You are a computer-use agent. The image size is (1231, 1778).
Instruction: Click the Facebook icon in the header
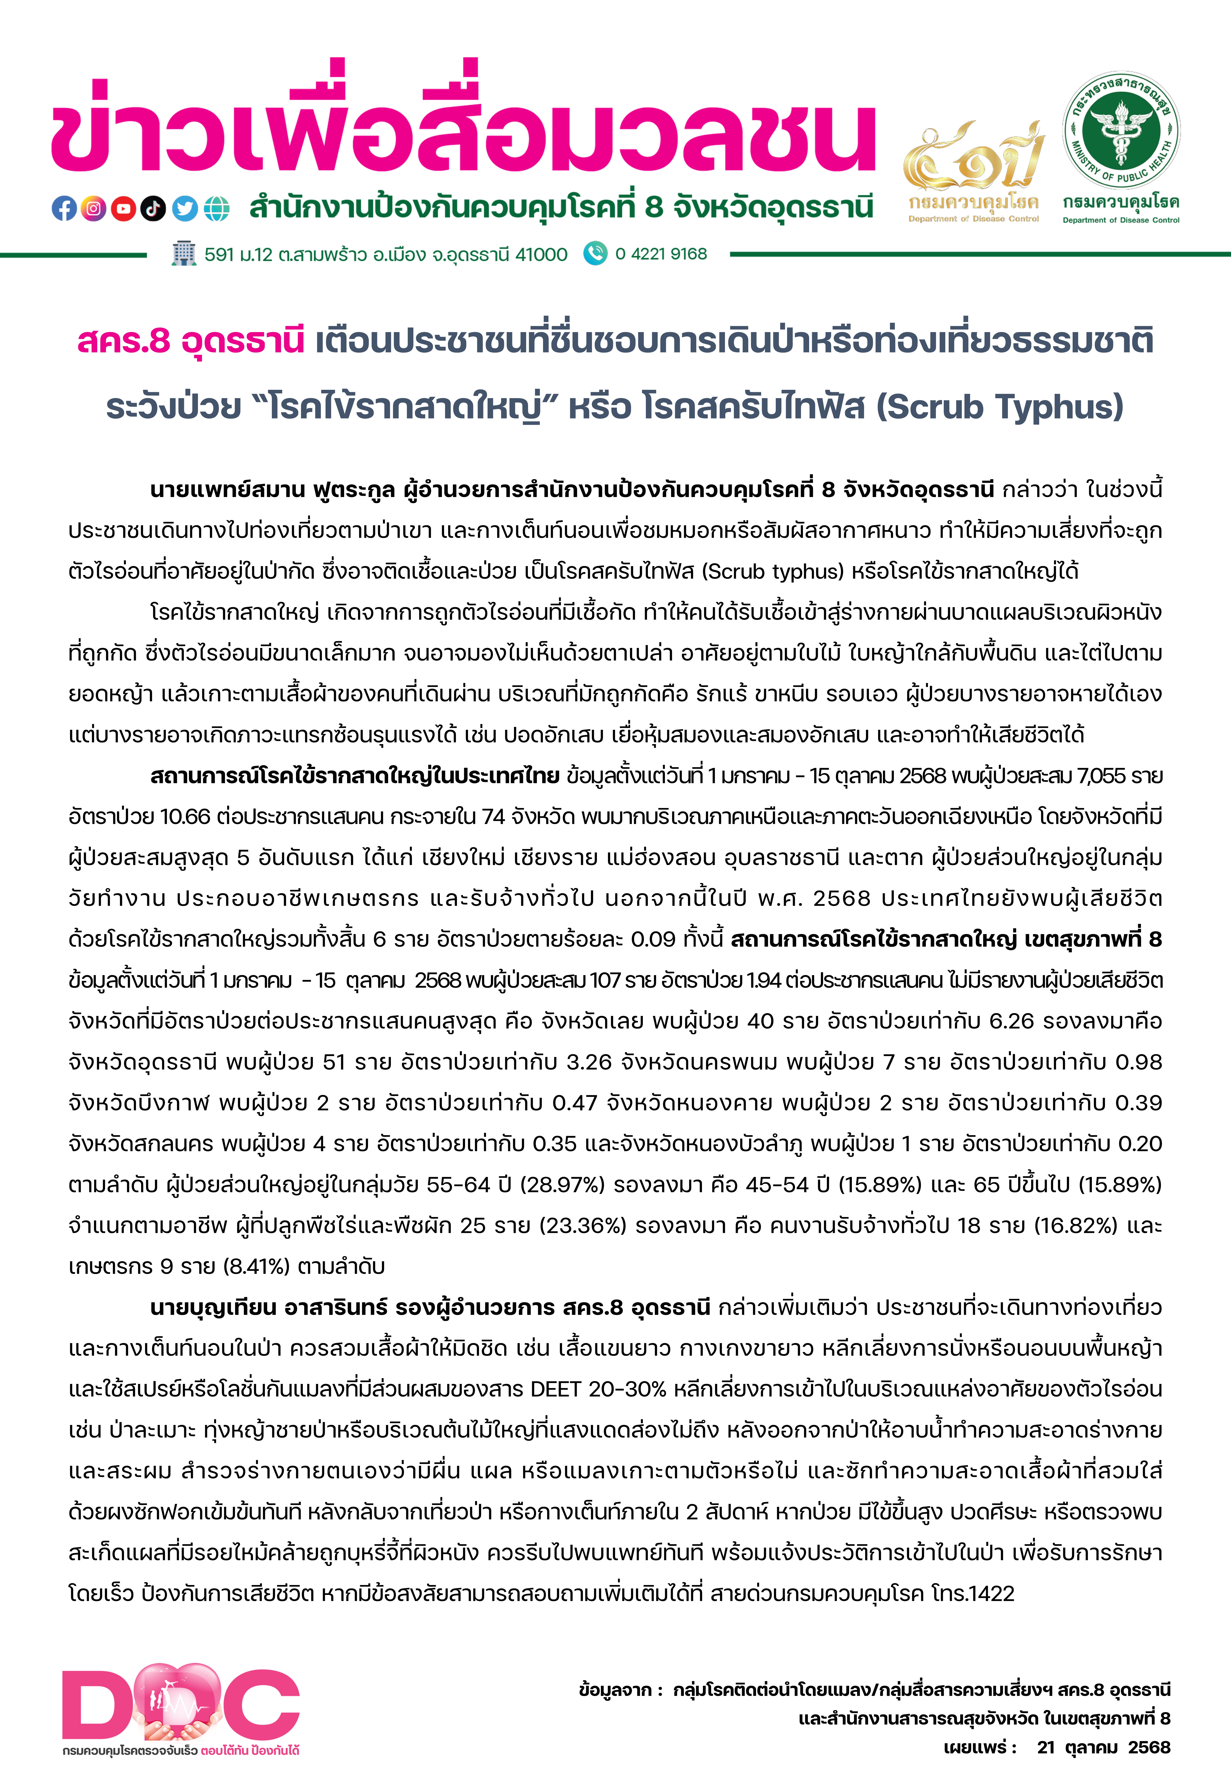click(x=64, y=208)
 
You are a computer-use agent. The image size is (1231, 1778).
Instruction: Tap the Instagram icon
click(x=93, y=208)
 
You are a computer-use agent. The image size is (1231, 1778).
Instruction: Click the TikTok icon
click(x=153, y=208)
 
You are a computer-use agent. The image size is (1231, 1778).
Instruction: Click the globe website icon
click(x=217, y=208)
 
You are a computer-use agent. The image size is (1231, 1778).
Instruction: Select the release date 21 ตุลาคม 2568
click(x=1103, y=1747)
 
